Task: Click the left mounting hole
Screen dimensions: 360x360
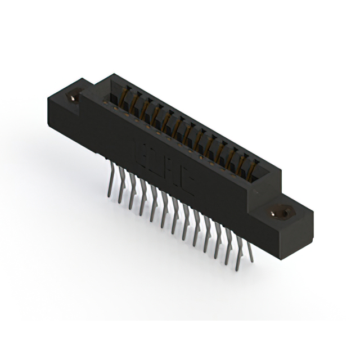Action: [x=73, y=97]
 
